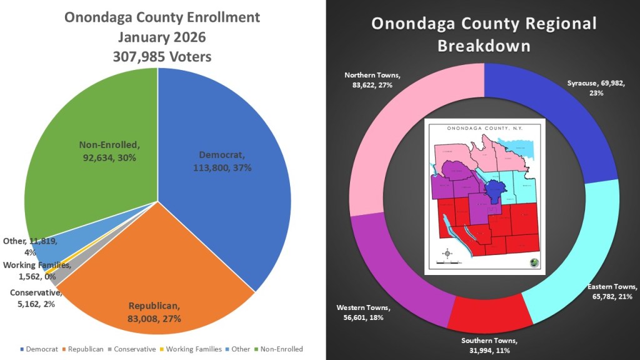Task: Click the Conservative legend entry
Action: point(131,349)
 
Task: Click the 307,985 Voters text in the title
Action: point(162,57)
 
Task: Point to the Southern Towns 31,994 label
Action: point(490,346)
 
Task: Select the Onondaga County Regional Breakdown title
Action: point(484,34)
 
